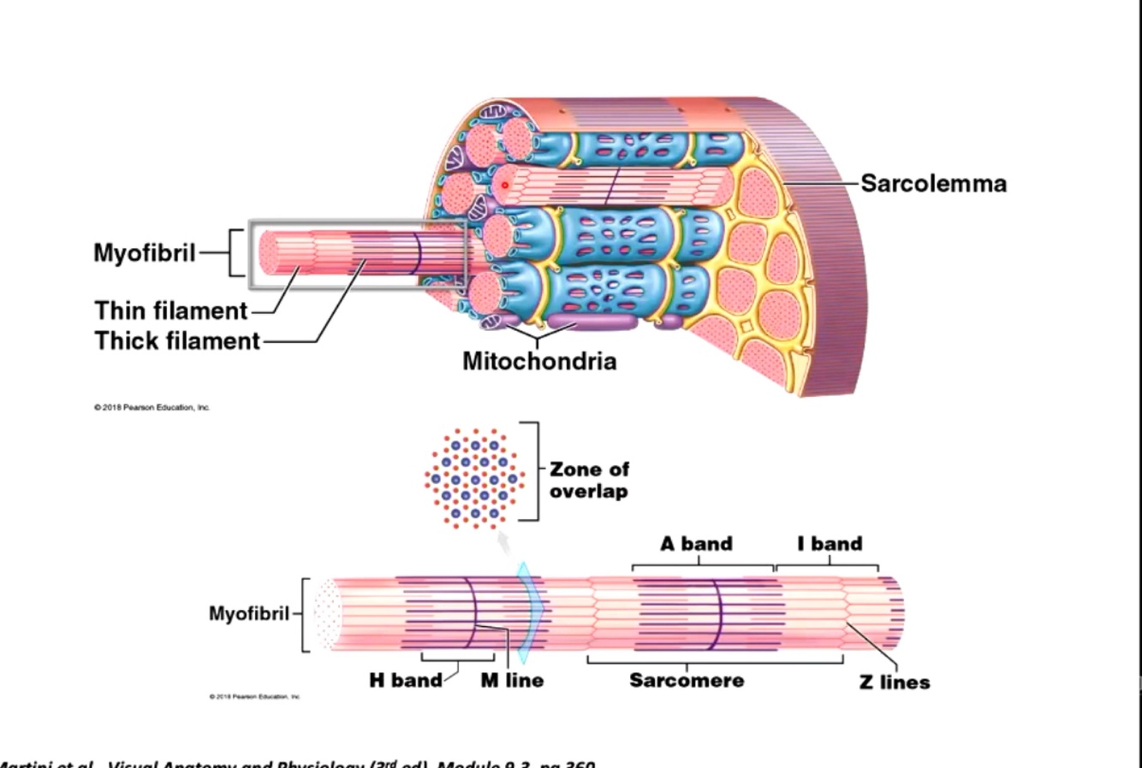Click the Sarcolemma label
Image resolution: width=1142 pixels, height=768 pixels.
[x=933, y=183]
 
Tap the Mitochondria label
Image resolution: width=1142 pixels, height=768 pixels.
[x=539, y=361]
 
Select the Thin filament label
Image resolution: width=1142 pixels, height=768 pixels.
[x=170, y=310]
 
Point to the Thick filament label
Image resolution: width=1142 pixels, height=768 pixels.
[x=177, y=340]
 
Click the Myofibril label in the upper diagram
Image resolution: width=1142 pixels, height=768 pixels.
[x=145, y=253]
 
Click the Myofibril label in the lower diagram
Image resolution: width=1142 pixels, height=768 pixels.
[x=249, y=613]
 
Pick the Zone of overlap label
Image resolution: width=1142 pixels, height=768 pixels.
[x=589, y=480]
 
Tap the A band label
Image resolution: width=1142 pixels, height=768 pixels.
[x=696, y=544]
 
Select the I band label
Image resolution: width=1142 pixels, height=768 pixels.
[x=829, y=544]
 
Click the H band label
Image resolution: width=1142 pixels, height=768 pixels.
[x=405, y=680]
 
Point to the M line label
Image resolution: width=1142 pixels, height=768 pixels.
[x=512, y=680]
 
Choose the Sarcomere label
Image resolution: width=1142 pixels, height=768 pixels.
[x=687, y=680]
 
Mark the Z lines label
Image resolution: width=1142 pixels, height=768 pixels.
[x=895, y=682]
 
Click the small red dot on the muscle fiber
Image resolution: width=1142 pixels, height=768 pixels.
[x=505, y=185]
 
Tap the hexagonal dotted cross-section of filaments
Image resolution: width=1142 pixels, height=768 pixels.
[x=473, y=476]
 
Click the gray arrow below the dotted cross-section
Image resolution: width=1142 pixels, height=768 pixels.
[x=505, y=541]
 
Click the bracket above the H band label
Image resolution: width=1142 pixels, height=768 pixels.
[x=458, y=658]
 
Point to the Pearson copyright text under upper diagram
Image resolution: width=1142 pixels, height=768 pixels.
[x=152, y=407]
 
